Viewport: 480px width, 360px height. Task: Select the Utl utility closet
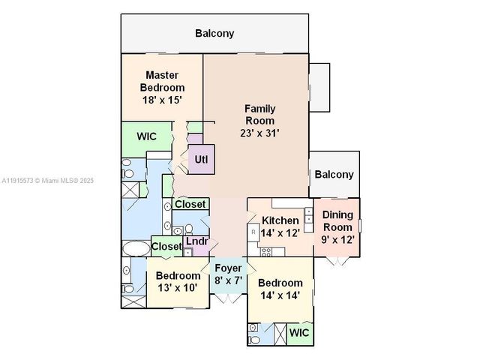point(201,160)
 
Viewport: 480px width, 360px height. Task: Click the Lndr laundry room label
point(196,241)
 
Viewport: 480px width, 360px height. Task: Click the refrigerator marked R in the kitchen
point(253,232)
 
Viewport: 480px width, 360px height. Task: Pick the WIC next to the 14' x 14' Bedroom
point(299,332)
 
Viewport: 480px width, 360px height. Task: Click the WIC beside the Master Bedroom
point(146,137)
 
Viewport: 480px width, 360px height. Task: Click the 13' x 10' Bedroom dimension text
point(177,287)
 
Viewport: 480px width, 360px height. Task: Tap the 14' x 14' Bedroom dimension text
point(280,295)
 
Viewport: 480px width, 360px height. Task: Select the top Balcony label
point(214,33)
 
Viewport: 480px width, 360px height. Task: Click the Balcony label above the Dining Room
point(334,175)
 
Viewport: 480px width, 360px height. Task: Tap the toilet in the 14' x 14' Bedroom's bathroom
point(255,340)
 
